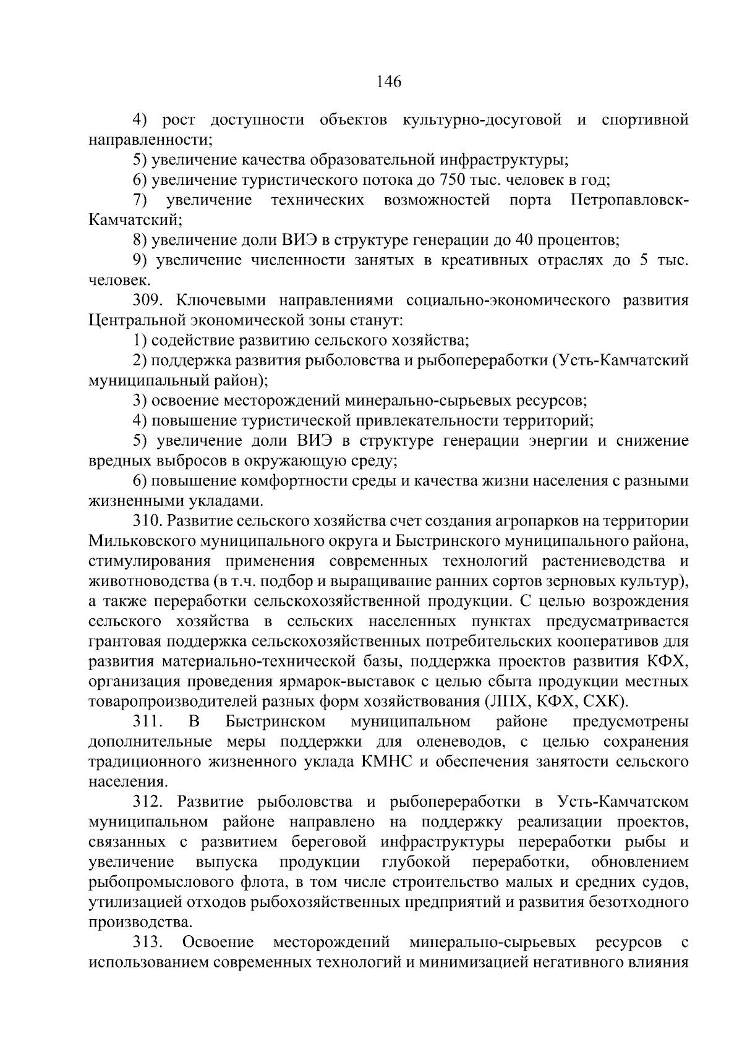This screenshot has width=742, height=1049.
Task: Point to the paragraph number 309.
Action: pos(147,300)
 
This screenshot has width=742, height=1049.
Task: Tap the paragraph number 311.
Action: pos(147,721)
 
